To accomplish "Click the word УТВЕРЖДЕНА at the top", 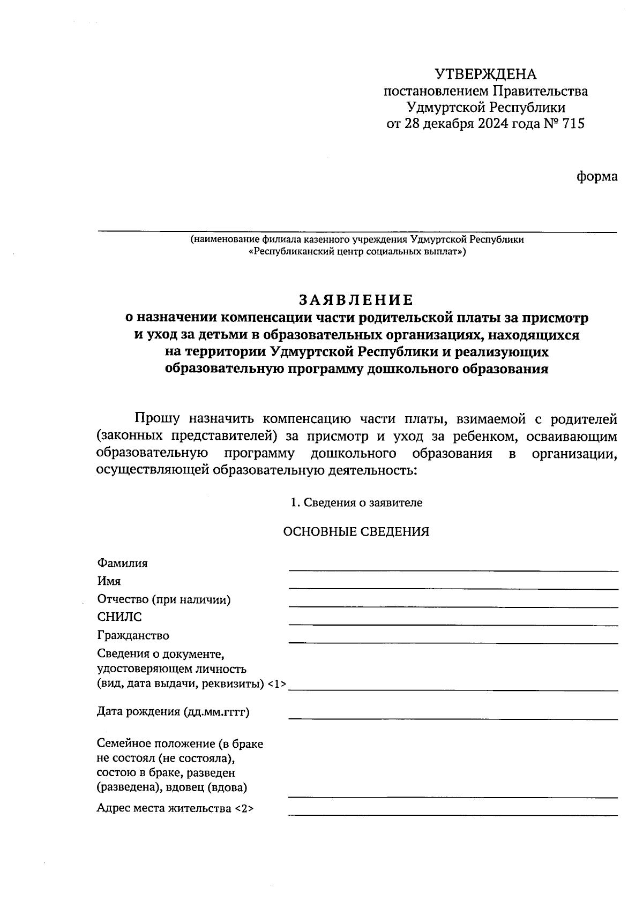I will pos(485,74).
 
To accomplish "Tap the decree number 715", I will pos(573,124).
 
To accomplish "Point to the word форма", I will pos(597,176).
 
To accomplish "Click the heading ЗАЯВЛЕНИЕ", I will pos(356,299).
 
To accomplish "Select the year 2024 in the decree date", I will pos(495,124).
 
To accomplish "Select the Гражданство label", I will pos(133,636).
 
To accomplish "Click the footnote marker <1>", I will pos(276,684).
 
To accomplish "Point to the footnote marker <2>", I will pos(244,809).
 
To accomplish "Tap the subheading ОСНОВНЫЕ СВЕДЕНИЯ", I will pos(356,532).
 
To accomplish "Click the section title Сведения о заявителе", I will pos(363,503).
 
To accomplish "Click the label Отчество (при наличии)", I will pos(163,600).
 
